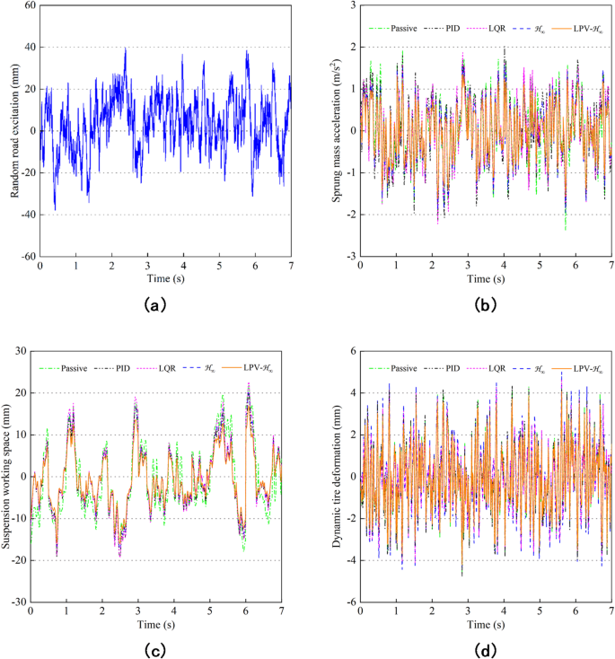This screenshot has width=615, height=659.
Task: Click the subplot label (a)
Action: (155, 305)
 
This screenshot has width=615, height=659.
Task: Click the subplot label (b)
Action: (485, 305)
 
